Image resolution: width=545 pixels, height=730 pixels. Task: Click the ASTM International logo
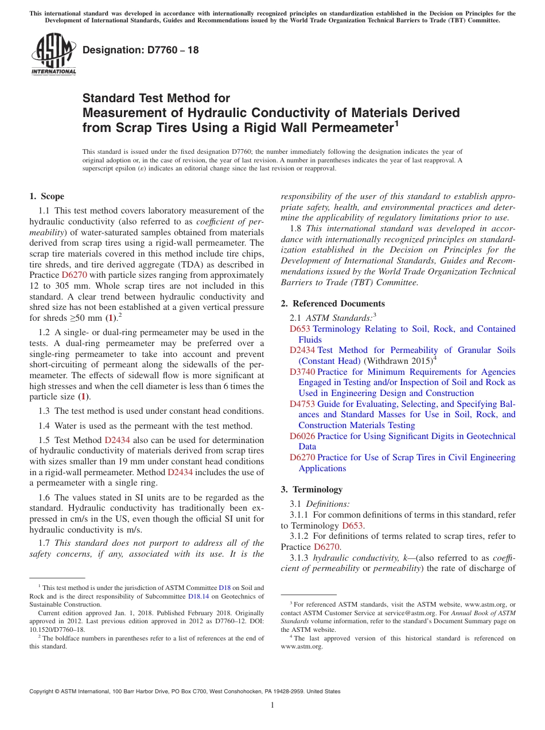tap(53, 55)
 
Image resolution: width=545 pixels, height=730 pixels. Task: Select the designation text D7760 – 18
tap(141, 50)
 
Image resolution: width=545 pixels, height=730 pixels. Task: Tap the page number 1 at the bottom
tap(272, 705)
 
